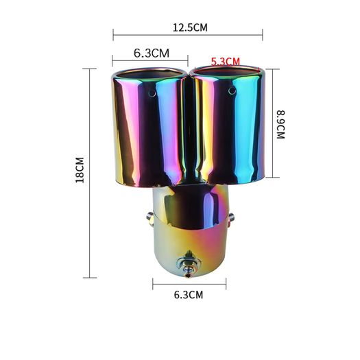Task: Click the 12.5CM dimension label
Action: (x=190, y=27)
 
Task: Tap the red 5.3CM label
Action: (x=225, y=62)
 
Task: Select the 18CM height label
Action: (x=80, y=170)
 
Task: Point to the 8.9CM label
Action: (x=280, y=124)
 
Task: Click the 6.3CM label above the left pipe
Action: (x=152, y=53)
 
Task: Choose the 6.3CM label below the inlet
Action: (x=189, y=295)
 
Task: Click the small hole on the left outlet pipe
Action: (x=152, y=93)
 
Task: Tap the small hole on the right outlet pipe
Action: (x=232, y=91)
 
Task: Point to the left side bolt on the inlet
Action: (x=149, y=217)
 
